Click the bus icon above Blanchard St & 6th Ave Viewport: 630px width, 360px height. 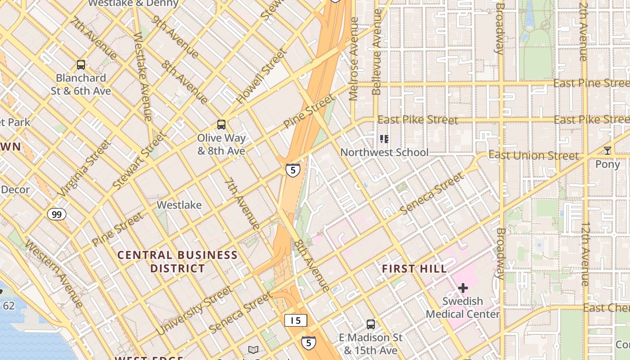(81, 65)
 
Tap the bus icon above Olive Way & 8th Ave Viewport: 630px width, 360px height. (221, 124)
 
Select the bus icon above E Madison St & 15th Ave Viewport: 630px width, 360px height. (370, 324)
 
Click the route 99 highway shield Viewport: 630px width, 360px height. (57, 214)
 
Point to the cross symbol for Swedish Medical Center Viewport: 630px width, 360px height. (463, 288)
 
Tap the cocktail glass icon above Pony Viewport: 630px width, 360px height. (607, 151)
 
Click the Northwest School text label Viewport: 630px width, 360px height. (384, 153)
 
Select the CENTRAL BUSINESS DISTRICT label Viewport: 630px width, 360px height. (177, 262)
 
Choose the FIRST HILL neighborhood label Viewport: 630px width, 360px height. (414, 269)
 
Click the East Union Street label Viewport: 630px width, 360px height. (534, 156)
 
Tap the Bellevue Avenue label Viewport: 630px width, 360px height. (377, 52)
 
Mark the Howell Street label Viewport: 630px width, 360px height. (261, 76)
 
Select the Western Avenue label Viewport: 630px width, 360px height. (54, 273)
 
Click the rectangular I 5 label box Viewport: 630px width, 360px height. (296, 320)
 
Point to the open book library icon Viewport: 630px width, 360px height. (253, 350)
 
